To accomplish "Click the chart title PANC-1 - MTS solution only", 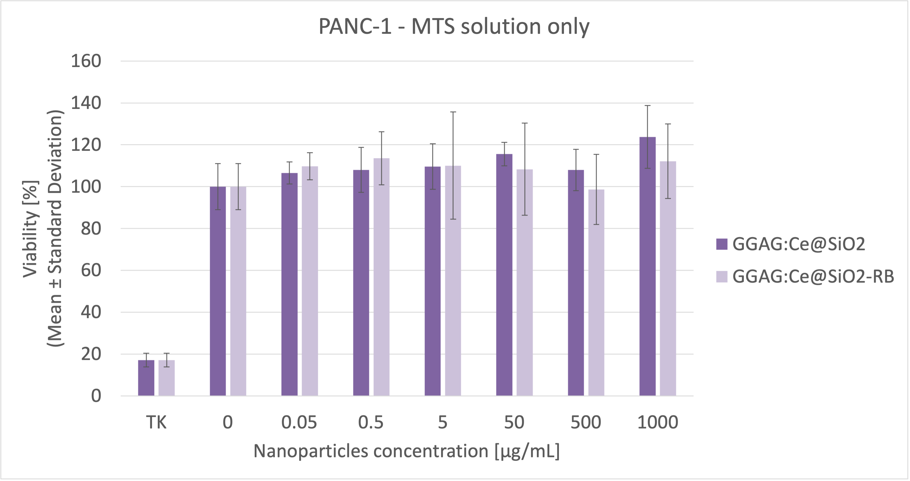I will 454,27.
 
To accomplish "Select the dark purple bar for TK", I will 146,378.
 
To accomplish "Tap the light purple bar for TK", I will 166,378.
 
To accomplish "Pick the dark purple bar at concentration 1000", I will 647,268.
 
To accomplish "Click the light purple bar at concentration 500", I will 596,293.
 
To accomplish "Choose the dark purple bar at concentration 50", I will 504,276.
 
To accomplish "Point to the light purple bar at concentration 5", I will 453,283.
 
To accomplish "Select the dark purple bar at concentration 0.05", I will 289,283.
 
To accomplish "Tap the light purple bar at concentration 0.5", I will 382,279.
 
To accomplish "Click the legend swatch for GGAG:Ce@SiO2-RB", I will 722,277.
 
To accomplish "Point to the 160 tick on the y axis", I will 86,61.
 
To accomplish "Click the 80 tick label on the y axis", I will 91,228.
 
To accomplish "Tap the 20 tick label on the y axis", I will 91,354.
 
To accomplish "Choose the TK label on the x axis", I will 156,422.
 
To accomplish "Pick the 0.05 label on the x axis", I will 299,422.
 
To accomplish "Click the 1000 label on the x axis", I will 658,422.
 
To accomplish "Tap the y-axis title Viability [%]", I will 30,229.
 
